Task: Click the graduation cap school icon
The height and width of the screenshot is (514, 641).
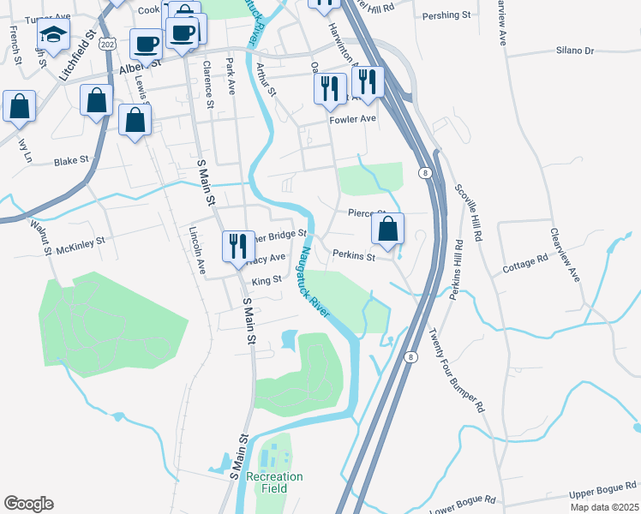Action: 53,38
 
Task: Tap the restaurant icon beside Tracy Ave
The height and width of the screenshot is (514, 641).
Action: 236,245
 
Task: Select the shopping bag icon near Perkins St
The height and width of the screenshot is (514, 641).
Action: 388,229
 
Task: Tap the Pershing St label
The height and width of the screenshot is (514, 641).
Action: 448,15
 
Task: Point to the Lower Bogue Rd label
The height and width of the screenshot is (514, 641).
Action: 463,500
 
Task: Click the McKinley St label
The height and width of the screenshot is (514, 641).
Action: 79,246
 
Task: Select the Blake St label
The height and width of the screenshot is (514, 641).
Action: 71,160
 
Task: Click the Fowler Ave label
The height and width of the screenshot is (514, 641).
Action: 353,119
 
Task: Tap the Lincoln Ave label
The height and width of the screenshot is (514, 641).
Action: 198,250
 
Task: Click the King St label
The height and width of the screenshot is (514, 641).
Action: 267,280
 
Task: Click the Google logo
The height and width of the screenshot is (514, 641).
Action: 28,504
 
